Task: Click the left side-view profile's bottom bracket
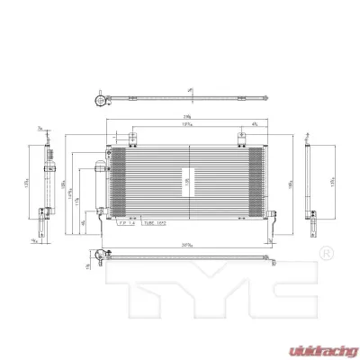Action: point(41,212)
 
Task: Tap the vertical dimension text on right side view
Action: point(332,180)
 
